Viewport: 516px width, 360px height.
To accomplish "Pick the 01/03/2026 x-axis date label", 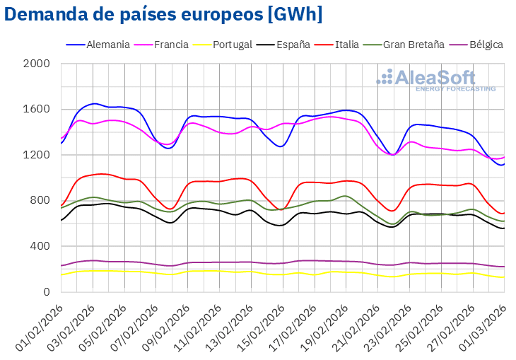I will coord(485,325).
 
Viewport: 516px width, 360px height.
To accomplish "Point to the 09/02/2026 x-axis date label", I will coord(169,325).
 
